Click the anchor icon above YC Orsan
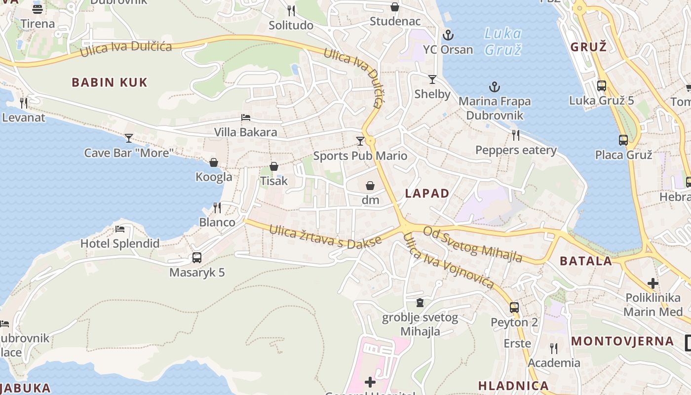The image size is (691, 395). pyautogui.click(x=448, y=35)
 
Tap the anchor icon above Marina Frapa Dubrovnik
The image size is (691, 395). pyautogui.click(x=494, y=87)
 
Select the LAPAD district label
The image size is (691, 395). pyautogui.click(x=427, y=194)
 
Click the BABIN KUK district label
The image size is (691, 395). pyautogui.click(x=110, y=82)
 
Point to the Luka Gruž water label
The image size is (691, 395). pyautogui.click(x=502, y=41)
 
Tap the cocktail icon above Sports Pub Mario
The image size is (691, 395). pyautogui.click(x=360, y=141)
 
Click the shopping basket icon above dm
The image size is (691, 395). pyautogui.click(x=370, y=186)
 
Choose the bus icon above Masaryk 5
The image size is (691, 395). pyautogui.click(x=196, y=257)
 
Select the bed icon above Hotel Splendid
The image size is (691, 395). pyautogui.click(x=120, y=229)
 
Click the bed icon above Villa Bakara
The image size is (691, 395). pyautogui.click(x=245, y=118)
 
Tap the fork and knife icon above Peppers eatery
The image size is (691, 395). pyautogui.click(x=516, y=135)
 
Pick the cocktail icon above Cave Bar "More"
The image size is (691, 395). pyautogui.click(x=129, y=138)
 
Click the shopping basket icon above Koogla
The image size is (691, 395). pyautogui.click(x=214, y=162)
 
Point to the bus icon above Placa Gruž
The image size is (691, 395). pyautogui.click(x=623, y=140)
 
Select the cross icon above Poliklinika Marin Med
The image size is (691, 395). pyautogui.click(x=653, y=283)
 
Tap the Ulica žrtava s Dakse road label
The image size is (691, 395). pyautogui.click(x=325, y=236)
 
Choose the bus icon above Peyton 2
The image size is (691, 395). pyautogui.click(x=514, y=307)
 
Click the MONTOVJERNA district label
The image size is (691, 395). pyautogui.click(x=622, y=341)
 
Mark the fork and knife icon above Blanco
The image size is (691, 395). pyautogui.click(x=217, y=207)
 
